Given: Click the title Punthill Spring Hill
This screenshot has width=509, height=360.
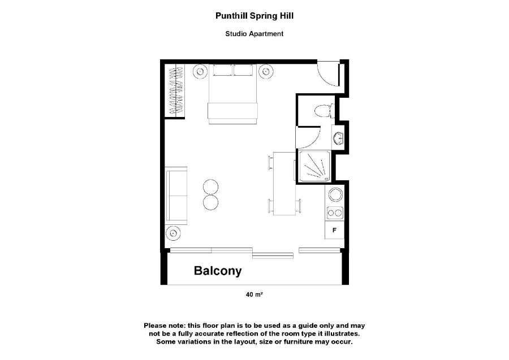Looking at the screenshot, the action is click(255, 16).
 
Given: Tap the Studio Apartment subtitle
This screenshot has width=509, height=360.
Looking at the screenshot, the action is click(255, 34).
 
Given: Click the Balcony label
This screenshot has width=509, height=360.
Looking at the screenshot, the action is click(218, 271).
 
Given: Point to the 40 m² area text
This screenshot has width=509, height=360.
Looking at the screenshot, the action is click(254, 294).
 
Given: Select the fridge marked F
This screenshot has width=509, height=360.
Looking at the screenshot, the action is click(334, 230).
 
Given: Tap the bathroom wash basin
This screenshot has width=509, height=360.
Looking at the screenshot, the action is click(338, 138).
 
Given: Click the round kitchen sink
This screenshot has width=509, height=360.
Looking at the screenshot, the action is click(335, 194).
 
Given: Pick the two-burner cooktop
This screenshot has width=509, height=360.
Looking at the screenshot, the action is click(335, 213).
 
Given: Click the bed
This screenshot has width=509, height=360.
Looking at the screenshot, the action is click(233, 94).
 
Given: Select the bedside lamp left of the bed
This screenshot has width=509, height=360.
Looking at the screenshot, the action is click(200, 71).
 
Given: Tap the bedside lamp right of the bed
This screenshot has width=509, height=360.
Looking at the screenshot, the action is click(266, 71).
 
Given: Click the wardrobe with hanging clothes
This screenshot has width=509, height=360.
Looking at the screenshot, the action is click(176, 90).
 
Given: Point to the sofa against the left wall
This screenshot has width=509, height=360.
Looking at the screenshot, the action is click(176, 196).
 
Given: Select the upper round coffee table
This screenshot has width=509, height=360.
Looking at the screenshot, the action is click(211, 187).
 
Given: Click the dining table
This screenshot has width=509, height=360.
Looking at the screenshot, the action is click(284, 183).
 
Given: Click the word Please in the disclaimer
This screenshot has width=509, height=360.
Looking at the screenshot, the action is click(157, 326).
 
